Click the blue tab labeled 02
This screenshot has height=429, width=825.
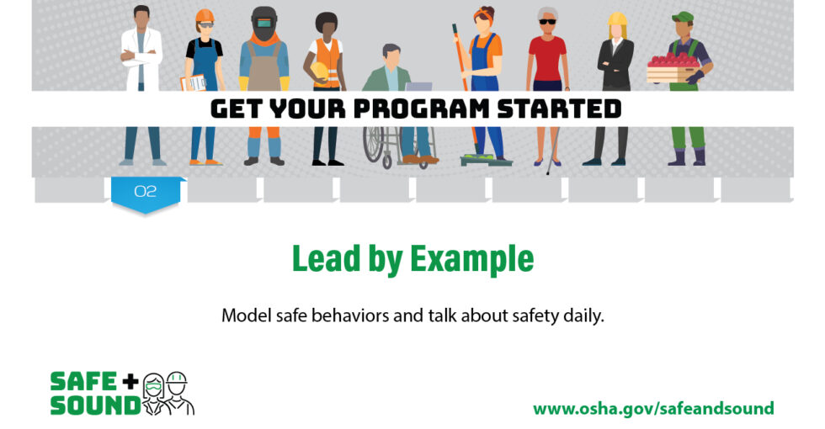146,192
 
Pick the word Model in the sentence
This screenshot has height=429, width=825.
245,317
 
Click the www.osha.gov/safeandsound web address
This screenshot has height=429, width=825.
652,408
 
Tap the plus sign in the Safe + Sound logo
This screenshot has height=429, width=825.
130,381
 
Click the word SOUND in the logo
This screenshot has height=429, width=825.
94,405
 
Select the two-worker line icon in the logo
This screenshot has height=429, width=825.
168,394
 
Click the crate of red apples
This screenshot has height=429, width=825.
673,69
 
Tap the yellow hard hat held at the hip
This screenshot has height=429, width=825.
320,71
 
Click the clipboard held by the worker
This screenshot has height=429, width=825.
192,82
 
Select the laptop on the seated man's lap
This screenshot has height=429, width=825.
418,86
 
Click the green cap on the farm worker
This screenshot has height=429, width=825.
683,16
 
